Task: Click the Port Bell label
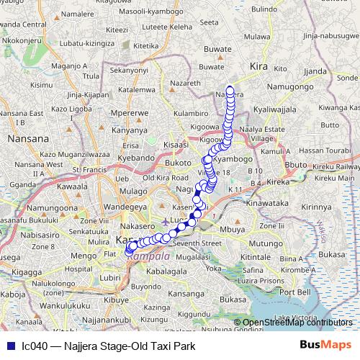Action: pyautogui.click(x=294, y=292)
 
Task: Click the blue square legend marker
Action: pyautogui.click(x=9, y=346)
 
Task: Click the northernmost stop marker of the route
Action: pyautogui.click(x=230, y=91)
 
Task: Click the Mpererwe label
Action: pyautogui.click(x=130, y=113)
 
